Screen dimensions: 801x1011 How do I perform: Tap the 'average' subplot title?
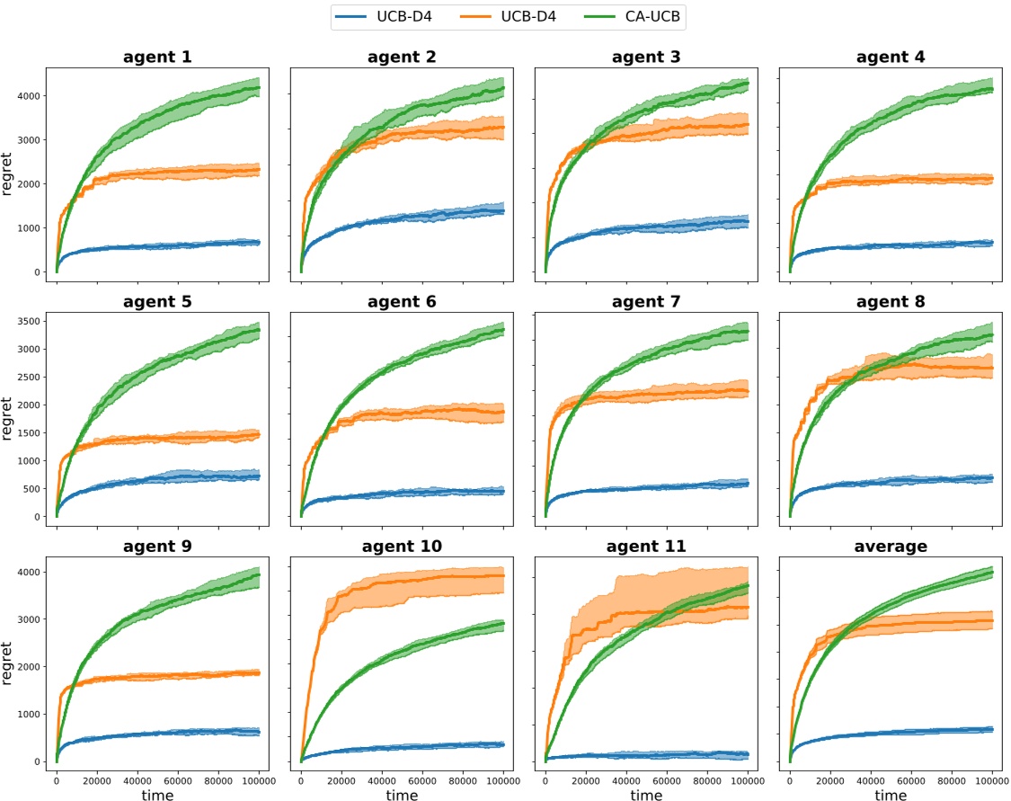coord(891,546)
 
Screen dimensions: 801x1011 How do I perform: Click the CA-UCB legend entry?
coord(648,16)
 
